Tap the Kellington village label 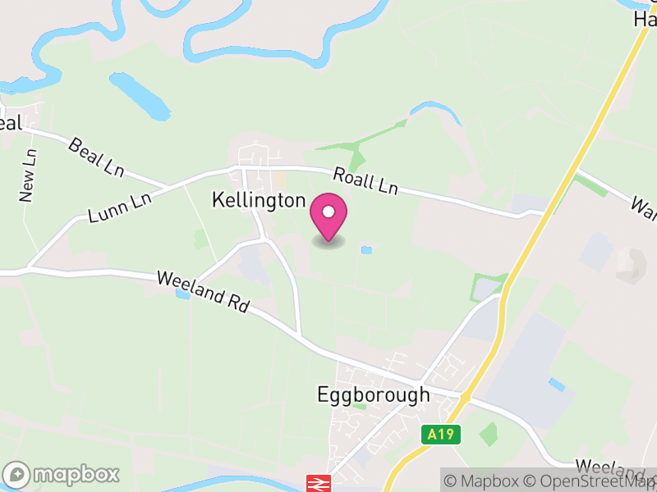[x=259, y=200]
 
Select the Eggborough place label [x=373, y=394]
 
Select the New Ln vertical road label [x=28, y=175]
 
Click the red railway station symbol [x=317, y=483]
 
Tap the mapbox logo [x=62, y=474]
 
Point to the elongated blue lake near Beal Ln [x=140, y=94]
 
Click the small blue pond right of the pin [x=366, y=250]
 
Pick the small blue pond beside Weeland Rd [x=182, y=294]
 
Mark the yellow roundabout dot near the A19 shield [x=465, y=398]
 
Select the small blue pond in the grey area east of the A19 [x=557, y=384]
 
